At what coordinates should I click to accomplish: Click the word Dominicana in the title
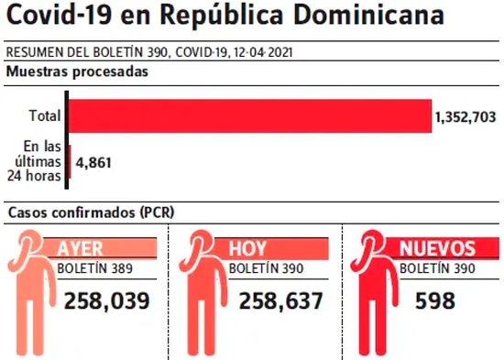pyautogui.click(x=368, y=14)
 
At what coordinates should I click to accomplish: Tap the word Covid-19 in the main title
pyautogui.click(x=59, y=14)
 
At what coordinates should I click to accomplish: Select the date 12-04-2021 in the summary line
pyautogui.click(x=263, y=52)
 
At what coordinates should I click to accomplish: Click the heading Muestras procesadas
pyautogui.click(x=77, y=71)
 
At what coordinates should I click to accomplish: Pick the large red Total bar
pyautogui.click(x=250, y=116)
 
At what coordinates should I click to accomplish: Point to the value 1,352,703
pyautogui.click(x=466, y=117)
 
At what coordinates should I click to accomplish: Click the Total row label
pyautogui.click(x=45, y=115)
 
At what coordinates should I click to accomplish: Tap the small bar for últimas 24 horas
pyautogui.click(x=70, y=161)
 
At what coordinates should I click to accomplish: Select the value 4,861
pyautogui.click(x=93, y=163)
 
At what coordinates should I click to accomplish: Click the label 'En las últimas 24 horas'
pyautogui.click(x=35, y=161)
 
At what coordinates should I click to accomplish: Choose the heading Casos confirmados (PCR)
pyautogui.click(x=92, y=213)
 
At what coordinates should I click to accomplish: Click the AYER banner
pyautogui.click(x=100, y=248)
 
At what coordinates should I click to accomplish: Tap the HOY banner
pyautogui.click(x=271, y=248)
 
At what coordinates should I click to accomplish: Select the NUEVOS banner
pyautogui.click(x=442, y=248)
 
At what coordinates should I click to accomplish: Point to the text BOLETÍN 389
pyautogui.click(x=94, y=268)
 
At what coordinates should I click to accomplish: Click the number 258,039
pyautogui.click(x=107, y=301)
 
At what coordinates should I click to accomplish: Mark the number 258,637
pyautogui.click(x=281, y=301)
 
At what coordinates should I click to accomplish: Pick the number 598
pyautogui.click(x=435, y=301)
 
